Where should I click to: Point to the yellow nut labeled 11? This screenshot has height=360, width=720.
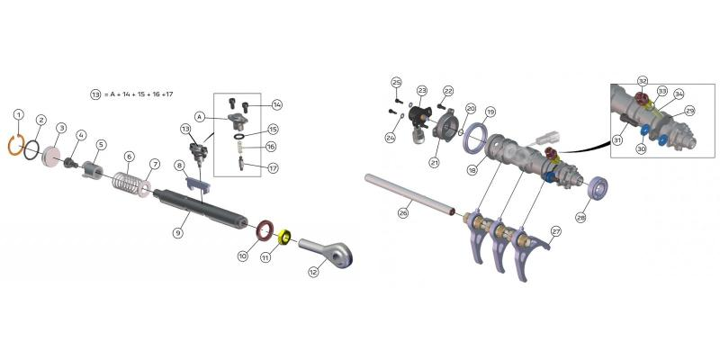point(285,237)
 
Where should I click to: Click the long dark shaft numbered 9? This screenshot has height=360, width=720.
point(200,209)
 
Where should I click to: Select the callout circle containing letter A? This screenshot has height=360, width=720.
point(200,118)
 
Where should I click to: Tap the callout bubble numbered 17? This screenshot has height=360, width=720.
point(273,168)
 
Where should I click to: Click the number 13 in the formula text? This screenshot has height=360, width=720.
point(95,94)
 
